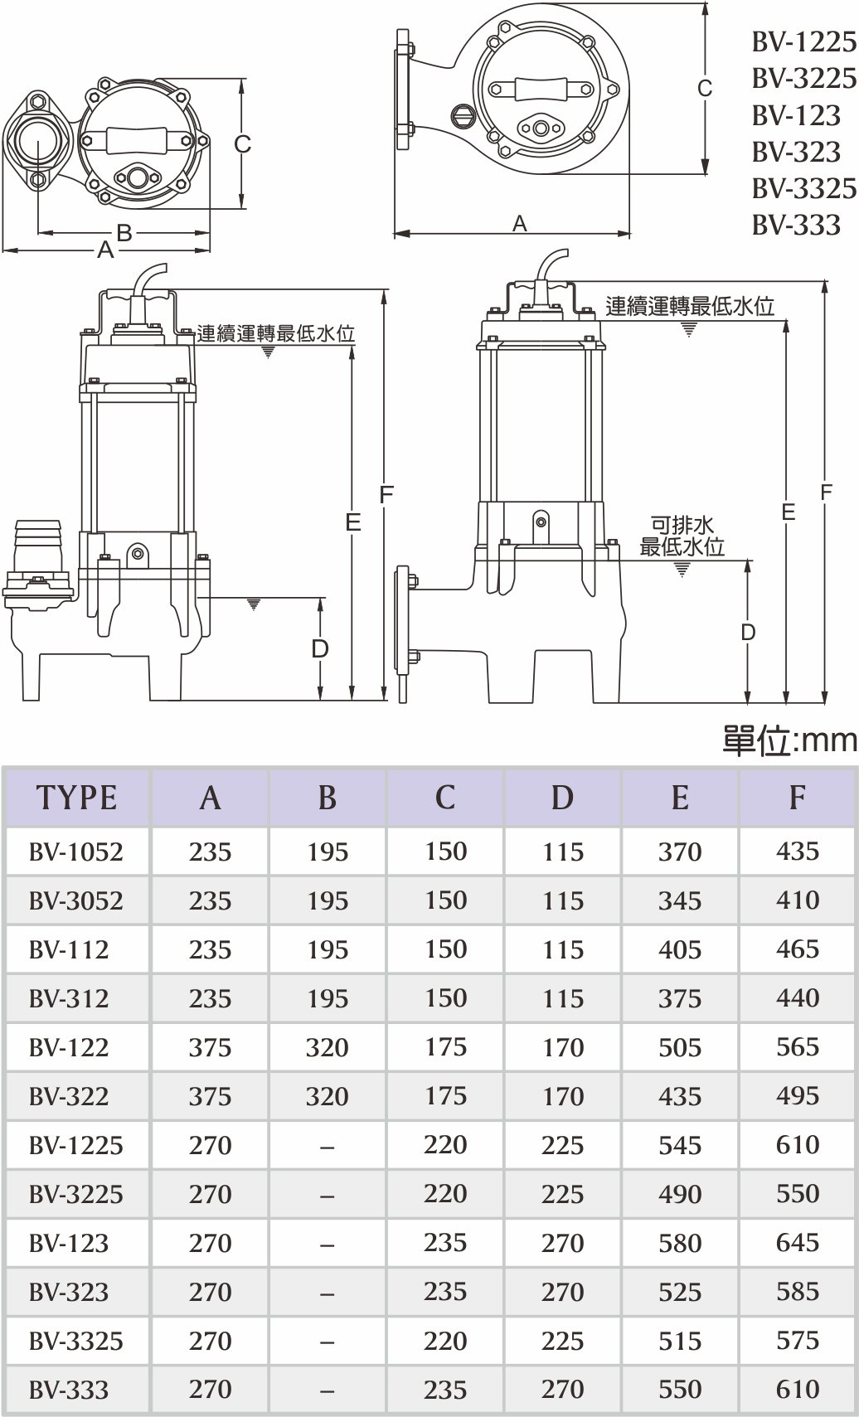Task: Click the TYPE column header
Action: click(76, 797)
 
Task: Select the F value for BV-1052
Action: click(797, 851)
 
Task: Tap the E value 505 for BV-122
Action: click(679, 1046)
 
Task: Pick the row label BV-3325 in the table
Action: click(75, 1340)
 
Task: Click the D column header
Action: click(562, 797)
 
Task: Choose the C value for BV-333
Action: click(445, 1389)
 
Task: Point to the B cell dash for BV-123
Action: click(327, 1243)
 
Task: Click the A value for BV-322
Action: click(210, 1095)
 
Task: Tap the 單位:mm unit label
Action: click(789, 740)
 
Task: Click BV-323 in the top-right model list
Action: click(796, 152)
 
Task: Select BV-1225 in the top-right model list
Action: click(803, 41)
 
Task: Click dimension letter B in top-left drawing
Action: click(124, 233)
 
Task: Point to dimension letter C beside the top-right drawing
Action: click(705, 88)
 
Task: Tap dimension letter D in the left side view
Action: click(320, 648)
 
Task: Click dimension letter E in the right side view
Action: click(788, 512)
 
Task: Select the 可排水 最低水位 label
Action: click(682, 536)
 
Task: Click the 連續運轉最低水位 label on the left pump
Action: click(275, 333)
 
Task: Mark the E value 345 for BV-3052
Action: click(679, 900)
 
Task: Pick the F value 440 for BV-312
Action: click(797, 997)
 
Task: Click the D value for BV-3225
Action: click(562, 1193)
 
